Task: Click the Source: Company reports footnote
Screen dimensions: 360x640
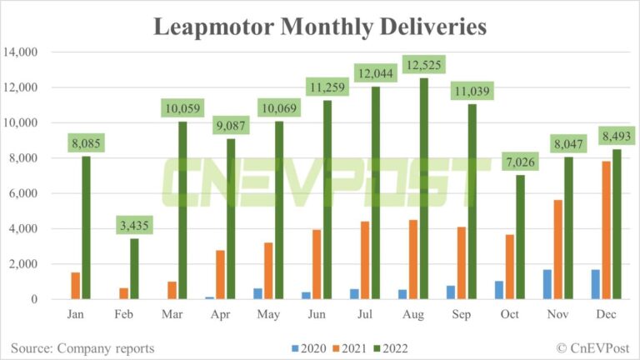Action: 82,347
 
